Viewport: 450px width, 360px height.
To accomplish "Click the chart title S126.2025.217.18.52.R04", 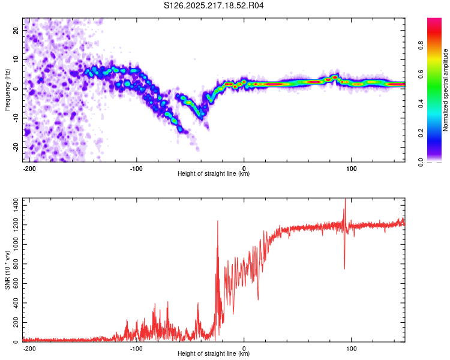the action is [x=214, y=5].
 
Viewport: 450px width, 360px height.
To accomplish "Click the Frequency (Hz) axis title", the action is [x=7, y=90].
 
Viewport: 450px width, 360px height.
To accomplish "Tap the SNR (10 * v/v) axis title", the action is [x=7, y=270].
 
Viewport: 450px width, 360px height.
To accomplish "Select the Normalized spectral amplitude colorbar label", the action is [x=445, y=90].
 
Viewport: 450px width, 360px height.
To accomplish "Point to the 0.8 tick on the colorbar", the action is [x=421, y=45].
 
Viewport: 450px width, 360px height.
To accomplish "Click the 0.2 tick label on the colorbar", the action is [x=421, y=133].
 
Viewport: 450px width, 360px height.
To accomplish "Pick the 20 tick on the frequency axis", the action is [x=16, y=30].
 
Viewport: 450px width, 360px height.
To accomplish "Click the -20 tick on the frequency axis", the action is [x=16, y=148].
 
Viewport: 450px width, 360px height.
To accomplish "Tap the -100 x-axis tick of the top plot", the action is [x=136, y=169].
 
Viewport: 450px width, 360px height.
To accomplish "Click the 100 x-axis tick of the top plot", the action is [x=351, y=169].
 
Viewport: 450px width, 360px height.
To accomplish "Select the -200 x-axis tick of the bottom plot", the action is [x=29, y=349].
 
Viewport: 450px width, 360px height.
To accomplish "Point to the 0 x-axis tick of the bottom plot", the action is [x=244, y=349].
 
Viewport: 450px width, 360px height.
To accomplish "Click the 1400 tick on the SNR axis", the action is [x=16, y=206].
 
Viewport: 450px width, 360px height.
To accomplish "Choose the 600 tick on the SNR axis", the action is [x=16, y=284].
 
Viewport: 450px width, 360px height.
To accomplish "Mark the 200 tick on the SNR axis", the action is [x=16, y=322].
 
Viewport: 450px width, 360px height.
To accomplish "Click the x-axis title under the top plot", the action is [x=214, y=173].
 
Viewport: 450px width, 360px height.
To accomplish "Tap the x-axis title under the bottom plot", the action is [x=214, y=353].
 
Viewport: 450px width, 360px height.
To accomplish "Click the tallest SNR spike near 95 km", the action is [x=345, y=199].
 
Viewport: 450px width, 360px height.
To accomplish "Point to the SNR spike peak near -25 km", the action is [x=218, y=221].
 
